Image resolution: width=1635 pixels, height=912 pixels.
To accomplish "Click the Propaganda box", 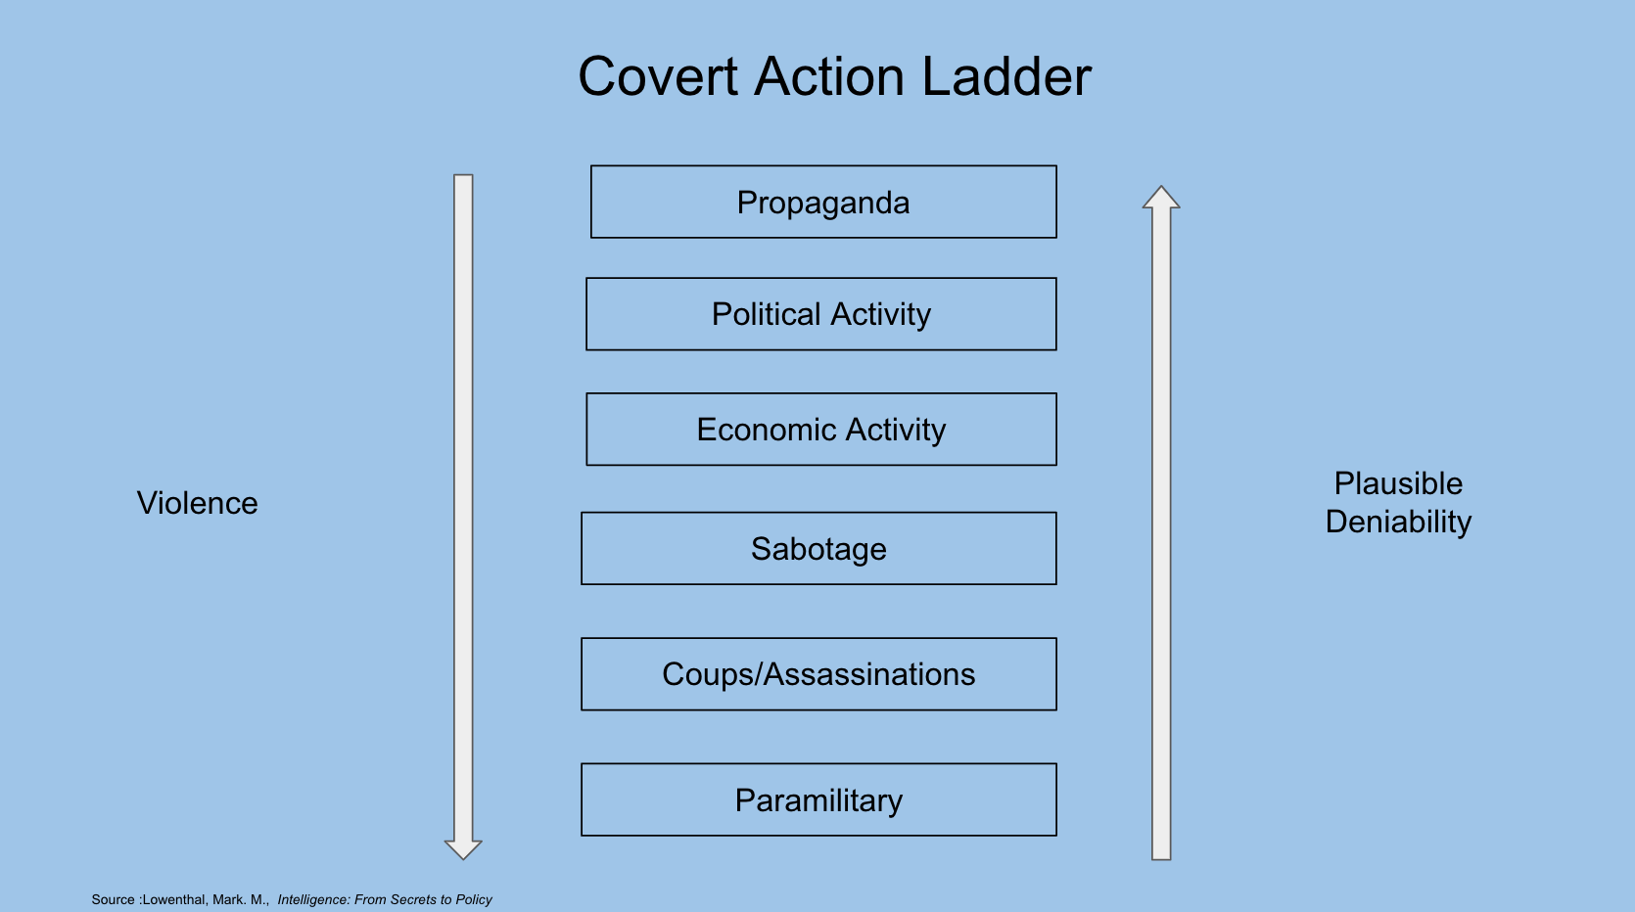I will (x=823, y=203).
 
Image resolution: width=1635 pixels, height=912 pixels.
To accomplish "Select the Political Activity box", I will (x=821, y=314).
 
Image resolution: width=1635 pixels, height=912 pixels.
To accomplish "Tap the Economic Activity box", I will (x=821, y=430).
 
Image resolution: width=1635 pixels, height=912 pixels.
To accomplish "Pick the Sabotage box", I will (x=818, y=549).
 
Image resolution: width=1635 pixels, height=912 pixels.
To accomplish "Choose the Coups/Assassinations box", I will (x=818, y=674).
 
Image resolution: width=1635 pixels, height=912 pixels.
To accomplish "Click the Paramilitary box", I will (x=818, y=800).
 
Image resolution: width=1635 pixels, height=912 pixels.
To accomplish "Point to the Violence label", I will (x=198, y=503).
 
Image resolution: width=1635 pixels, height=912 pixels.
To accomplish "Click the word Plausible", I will (x=1398, y=483).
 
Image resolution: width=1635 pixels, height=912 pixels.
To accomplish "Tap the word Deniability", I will (x=1398, y=522).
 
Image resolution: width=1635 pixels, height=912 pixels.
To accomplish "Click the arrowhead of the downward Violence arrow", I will (x=463, y=848).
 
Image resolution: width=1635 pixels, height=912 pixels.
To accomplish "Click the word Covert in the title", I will (x=658, y=77).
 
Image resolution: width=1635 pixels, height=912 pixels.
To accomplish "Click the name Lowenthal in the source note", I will (x=174, y=900).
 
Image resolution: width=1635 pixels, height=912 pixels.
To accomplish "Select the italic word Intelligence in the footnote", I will (x=314, y=900).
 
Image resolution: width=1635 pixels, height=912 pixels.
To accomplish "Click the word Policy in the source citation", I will (x=474, y=900).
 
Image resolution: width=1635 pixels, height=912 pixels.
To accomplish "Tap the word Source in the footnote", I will (x=113, y=900).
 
